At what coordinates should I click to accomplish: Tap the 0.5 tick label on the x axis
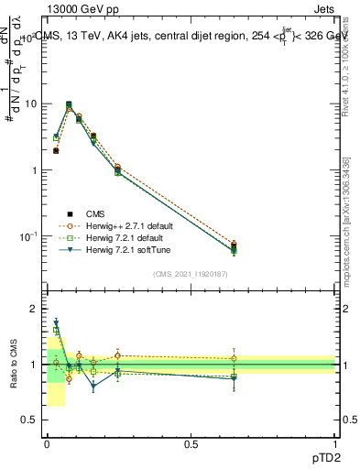click(191, 443)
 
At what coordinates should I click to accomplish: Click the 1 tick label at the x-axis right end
click(336, 443)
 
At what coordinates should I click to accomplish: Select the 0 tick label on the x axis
click(47, 443)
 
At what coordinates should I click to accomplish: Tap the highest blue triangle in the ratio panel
click(57, 322)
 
